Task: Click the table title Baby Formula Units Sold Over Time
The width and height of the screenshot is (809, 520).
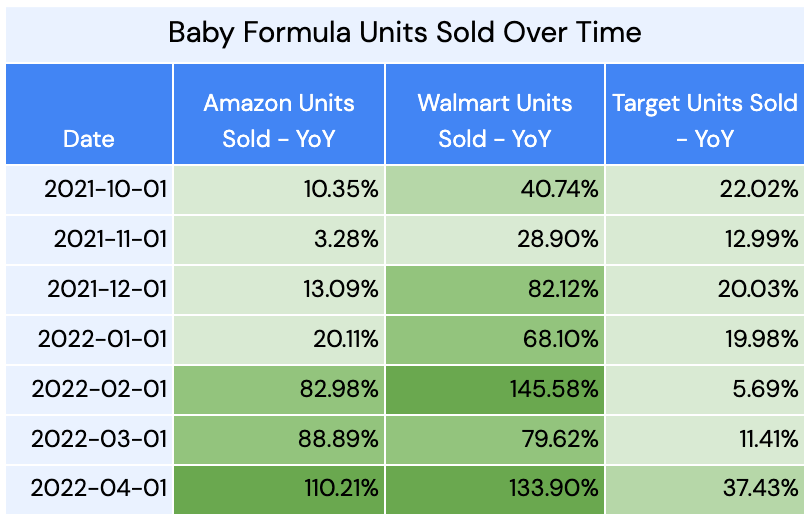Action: click(x=404, y=32)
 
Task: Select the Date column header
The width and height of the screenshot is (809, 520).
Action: click(x=89, y=139)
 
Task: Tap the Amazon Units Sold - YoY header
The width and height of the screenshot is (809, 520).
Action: click(x=278, y=120)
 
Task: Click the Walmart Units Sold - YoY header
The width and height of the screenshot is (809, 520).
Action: click(x=494, y=120)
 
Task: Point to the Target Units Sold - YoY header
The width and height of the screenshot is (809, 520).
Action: click(x=705, y=120)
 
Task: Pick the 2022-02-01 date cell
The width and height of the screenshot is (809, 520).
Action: click(x=100, y=389)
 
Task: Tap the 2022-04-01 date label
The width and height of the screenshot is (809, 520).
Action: click(x=100, y=488)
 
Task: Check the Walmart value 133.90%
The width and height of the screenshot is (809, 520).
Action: click(x=547, y=488)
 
